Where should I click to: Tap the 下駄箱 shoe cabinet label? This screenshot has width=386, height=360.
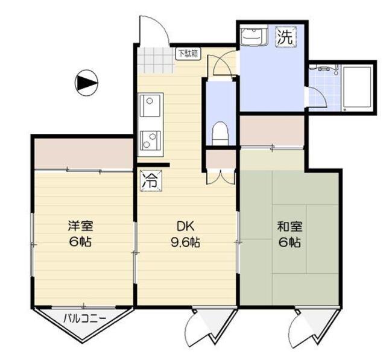pyautogui.click(x=186, y=54)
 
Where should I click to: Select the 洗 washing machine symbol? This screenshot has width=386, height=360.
pyautogui.click(x=285, y=36)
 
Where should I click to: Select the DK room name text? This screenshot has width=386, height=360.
pyautogui.click(x=185, y=227)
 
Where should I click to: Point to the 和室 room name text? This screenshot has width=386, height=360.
pyautogui.click(x=289, y=227)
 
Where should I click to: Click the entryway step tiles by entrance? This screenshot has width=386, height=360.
pyautogui.click(x=155, y=59)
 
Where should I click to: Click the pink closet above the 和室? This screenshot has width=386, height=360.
pyautogui.click(x=272, y=130)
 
